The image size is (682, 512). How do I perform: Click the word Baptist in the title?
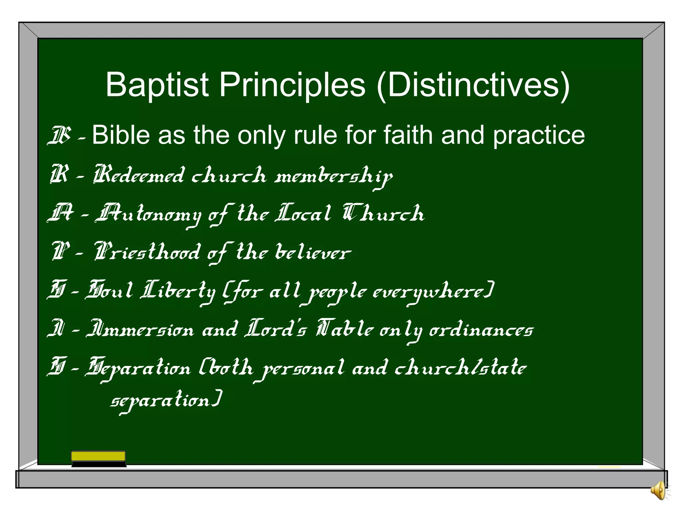157,85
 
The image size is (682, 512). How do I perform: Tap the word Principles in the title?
292,85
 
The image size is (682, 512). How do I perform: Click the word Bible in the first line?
121,135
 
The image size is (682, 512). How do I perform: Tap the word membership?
333,176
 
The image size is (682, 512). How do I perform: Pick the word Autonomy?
149,214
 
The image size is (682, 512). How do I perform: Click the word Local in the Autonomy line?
303,213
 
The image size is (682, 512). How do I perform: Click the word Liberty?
178,291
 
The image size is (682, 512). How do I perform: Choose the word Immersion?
140,329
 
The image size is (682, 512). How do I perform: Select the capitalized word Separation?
138,368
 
